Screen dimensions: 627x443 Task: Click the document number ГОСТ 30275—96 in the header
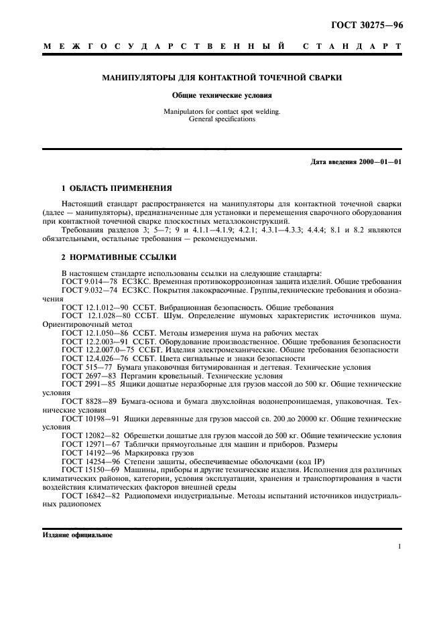point(367,27)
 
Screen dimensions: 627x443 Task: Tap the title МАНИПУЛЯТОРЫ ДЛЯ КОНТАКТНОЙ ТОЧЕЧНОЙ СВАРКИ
point(221,78)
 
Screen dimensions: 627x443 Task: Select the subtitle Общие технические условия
point(221,96)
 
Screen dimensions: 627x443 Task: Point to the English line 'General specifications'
point(221,119)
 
